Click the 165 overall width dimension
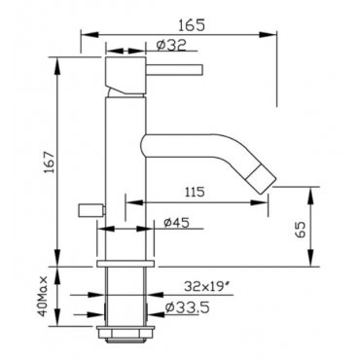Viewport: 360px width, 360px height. (192, 25)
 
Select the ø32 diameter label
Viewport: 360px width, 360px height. (171, 45)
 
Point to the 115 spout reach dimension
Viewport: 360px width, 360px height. (195, 192)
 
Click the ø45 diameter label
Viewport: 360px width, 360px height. (176, 223)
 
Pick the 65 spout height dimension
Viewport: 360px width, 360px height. (301, 231)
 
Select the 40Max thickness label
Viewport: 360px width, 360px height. (43, 296)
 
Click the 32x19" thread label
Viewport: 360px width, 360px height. (204, 286)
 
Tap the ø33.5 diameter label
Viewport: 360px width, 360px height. (187, 307)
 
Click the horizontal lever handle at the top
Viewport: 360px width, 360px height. (174, 69)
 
